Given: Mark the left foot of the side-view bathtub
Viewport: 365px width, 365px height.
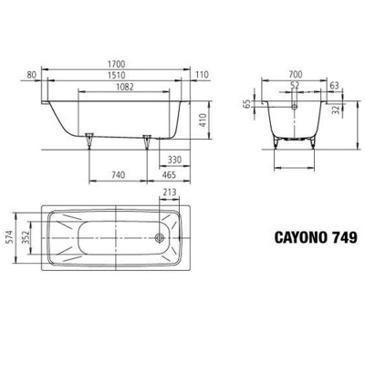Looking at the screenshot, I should pyautogui.click(x=90, y=141).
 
